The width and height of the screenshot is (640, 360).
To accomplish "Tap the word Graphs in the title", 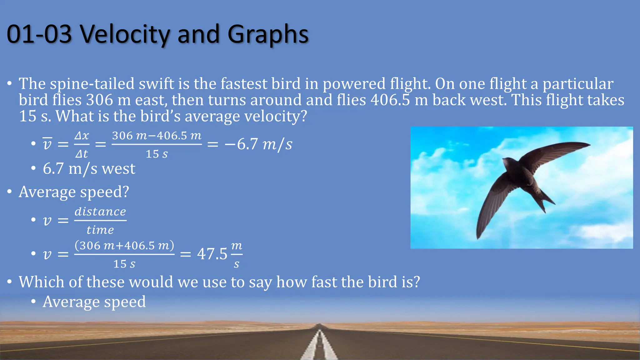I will (268, 34).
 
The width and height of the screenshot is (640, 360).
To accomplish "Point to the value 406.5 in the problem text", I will (390, 100).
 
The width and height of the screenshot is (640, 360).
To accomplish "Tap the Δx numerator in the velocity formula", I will (82, 136).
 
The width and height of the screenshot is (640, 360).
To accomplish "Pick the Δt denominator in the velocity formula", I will (82, 154).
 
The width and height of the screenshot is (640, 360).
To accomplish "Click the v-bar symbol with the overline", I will (47, 144).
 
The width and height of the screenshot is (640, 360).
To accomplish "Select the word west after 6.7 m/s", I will (118, 169).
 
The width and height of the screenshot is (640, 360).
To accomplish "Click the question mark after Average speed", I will (126, 192).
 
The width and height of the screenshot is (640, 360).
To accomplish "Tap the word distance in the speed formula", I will (100, 212).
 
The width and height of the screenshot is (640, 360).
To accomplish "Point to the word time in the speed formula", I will (100, 230).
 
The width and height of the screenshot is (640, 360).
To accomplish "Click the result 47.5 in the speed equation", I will (212, 254).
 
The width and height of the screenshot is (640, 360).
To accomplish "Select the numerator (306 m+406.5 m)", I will (124, 245).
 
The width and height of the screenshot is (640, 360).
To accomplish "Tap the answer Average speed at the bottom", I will (94, 302).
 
